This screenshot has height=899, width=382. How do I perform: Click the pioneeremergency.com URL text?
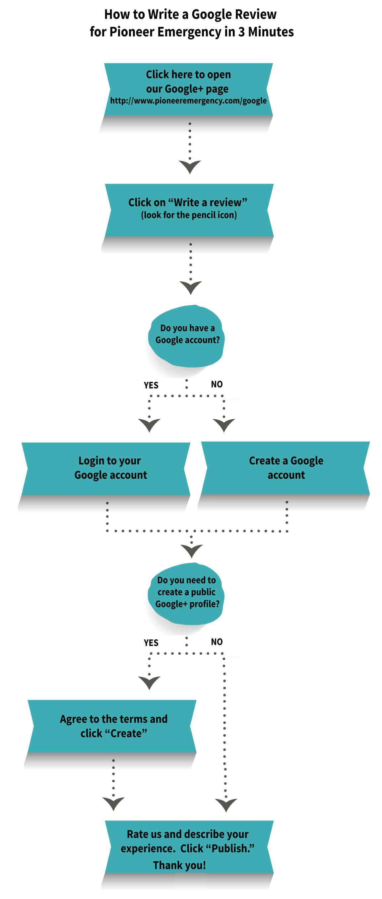(188, 101)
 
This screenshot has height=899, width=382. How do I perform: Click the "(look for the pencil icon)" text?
(189, 215)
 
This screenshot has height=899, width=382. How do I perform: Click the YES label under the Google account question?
(151, 385)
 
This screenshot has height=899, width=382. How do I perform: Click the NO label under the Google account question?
(217, 384)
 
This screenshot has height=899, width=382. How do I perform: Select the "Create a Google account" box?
(286, 468)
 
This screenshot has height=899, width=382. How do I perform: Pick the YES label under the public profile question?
(151, 643)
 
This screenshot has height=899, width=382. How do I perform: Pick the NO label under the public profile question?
(217, 642)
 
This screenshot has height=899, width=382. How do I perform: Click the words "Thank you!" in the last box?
(179, 865)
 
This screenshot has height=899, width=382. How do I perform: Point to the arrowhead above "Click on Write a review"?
(190, 166)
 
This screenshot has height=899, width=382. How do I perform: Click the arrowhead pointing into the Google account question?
(191, 287)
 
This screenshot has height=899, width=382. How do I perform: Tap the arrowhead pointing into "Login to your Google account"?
(149, 425)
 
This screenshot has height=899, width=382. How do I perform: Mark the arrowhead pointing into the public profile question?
(191, 550)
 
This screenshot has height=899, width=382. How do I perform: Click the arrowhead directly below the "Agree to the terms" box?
(113, 803)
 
